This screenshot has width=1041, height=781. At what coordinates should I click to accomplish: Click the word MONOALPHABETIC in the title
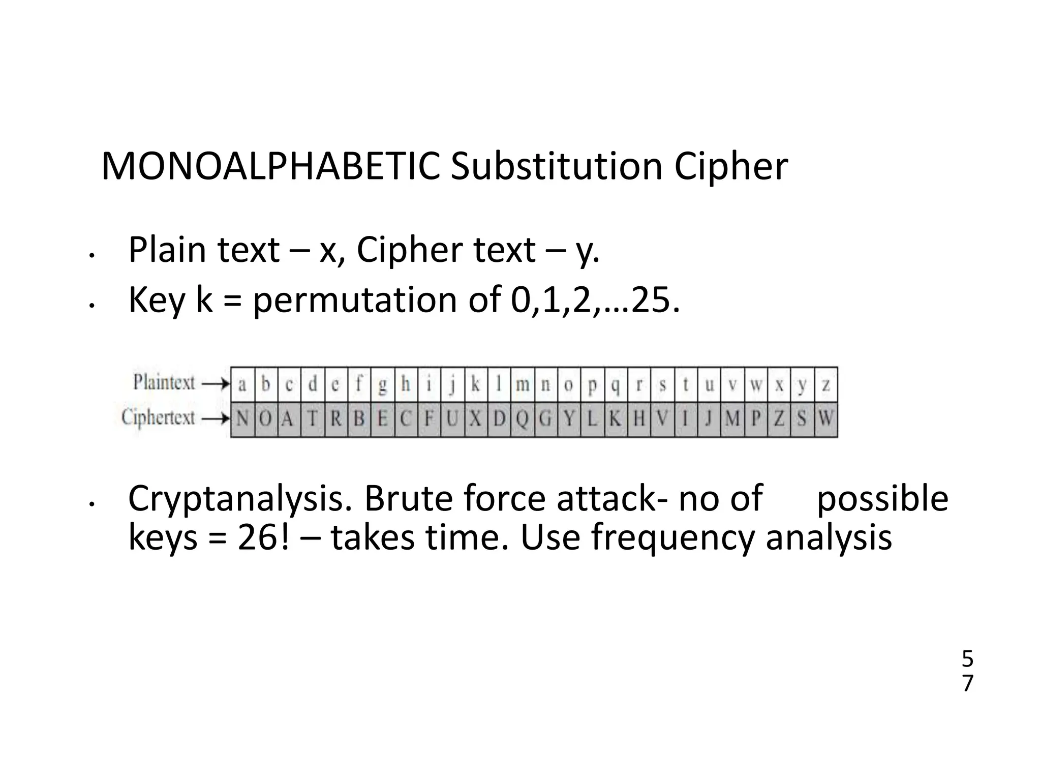[x=270, y=166]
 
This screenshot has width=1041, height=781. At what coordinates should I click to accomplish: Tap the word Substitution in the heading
[x=556, y=166]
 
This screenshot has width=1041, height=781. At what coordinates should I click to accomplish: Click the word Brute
[x=413, y=498]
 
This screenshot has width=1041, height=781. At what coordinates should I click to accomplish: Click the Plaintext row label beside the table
[x=164, y=382]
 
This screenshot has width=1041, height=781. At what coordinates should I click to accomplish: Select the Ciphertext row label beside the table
[x=158, y=418]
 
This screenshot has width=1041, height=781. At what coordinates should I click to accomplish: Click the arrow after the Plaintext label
[x=216, y=384]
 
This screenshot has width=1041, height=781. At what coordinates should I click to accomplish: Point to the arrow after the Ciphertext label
[x=216, y=419]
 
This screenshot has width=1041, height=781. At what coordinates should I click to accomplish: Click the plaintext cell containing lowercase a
[x=242, y=384]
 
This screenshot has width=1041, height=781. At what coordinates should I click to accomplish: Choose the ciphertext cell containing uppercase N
[x=242, y=419]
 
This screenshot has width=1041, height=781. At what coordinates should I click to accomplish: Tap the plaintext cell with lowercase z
[x=826, y=384]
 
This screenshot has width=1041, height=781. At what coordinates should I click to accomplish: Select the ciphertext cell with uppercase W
[x=826, y=419]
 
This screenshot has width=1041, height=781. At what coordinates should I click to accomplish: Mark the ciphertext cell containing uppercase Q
[x=523, y=419]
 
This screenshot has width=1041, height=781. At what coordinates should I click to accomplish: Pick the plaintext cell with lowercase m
[x=523, y=384]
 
